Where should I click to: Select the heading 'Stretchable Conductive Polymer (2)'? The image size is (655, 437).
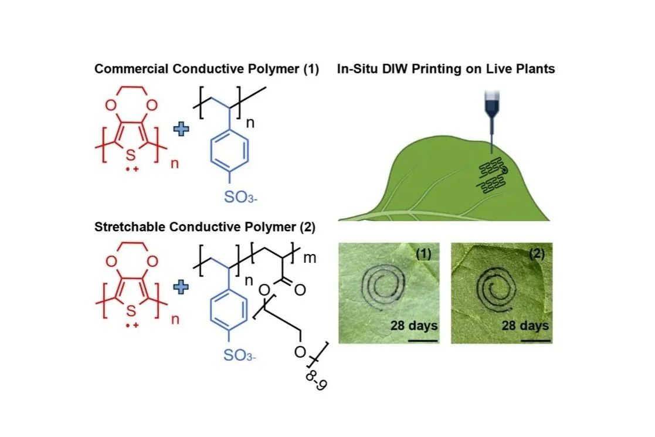[x=205, y=228]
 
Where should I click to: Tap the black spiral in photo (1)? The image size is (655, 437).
[x=383, y=288]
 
